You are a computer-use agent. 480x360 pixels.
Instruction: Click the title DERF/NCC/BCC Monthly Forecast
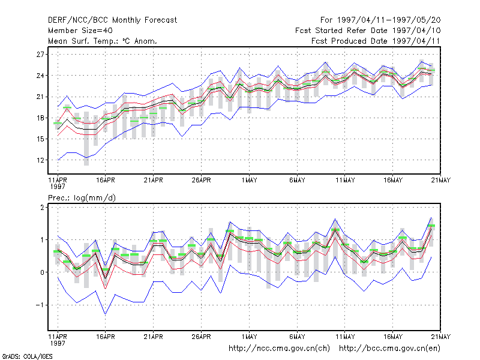click(x=112, y=20)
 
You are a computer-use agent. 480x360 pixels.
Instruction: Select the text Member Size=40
click(x=80, y=31)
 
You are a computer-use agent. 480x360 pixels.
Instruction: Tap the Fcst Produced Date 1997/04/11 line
click(x=376, y=41)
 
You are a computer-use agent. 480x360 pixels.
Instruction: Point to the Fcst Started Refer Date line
click(x=368, y=31)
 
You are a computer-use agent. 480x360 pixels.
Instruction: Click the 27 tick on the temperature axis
click(x=40, y=55)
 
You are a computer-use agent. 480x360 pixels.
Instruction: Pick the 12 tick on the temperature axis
click(x=40, y=160)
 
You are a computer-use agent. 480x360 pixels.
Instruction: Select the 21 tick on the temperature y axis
click(x=40, y=97)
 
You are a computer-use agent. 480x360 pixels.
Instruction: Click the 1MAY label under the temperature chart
click(x=249, y=180)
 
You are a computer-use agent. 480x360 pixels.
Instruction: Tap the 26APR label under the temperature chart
click(x=201, y=180)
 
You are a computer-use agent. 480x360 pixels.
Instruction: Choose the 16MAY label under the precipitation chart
click(x=393, y=337)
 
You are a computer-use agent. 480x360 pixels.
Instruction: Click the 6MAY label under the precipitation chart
click(x=297, y=337)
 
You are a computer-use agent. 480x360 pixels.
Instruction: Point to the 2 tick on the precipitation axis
click(x=42, y=208)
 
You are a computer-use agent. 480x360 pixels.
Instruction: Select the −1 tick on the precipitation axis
click(x=40, y=305)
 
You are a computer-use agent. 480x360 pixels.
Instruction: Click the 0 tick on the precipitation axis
click(x=42, y=272)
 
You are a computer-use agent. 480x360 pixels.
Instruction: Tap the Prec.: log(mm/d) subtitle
click(x=82, y=198)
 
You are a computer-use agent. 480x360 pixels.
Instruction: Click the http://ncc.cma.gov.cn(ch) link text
click(x=279, y=349)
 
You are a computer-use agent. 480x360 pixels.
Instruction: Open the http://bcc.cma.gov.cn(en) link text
click(x=389, y=349)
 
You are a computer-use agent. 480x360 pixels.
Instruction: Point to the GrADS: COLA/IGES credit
click(x=27, y=356)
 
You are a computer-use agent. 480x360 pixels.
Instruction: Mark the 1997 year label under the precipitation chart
click(x=58, y=343)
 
